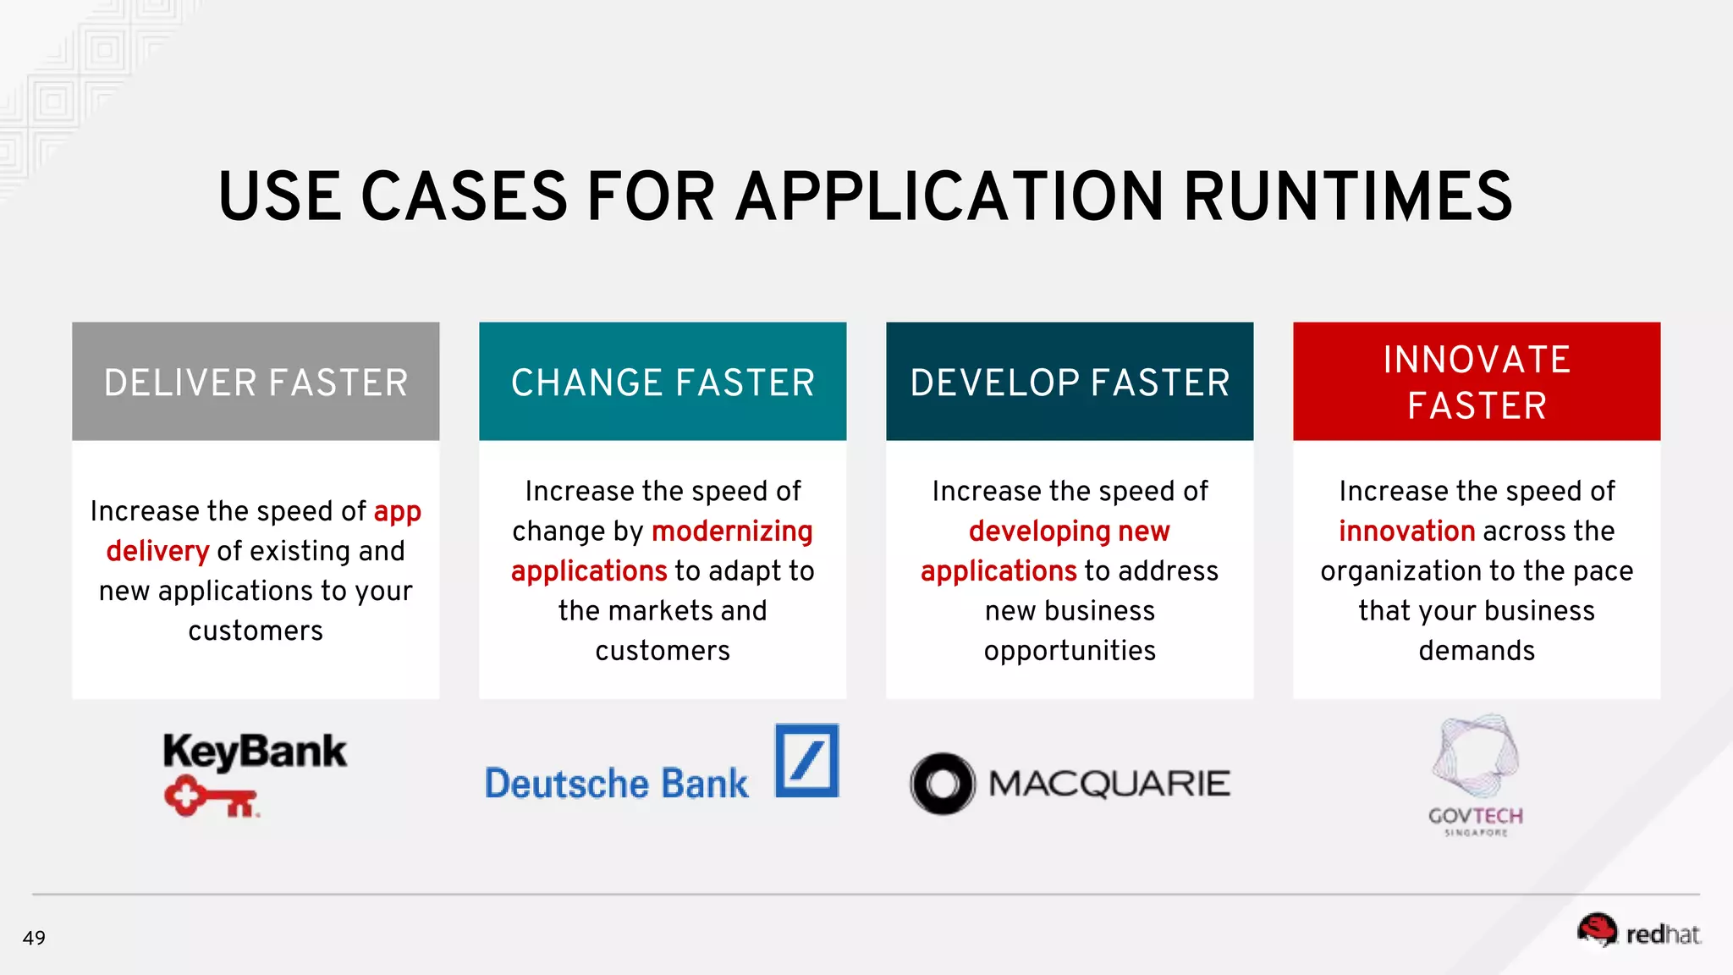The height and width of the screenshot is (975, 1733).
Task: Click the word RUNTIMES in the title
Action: (x=1347, y=197)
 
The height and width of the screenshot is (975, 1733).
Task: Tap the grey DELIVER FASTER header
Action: (x=256, y=383)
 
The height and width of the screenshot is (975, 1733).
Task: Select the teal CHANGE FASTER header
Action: (x=663, y=383)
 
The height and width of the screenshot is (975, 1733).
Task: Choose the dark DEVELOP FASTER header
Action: (x=1070, y=383)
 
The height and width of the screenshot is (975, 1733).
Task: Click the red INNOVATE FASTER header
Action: (x=1477, y=383)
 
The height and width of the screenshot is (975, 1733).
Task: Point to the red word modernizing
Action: (x=732, y=532)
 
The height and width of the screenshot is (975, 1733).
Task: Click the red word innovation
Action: (x=1406, y=532)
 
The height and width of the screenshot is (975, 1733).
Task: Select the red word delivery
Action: (x=157, y=552)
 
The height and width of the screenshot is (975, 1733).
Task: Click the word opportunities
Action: (x=1070, y=651)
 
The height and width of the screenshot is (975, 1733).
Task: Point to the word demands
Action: (x=1477, y=651)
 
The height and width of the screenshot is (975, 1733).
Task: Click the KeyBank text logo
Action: (x=255, y=752)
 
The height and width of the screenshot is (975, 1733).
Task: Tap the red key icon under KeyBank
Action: (x=211, y=798)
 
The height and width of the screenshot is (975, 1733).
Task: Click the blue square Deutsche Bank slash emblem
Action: (x=806, y=760)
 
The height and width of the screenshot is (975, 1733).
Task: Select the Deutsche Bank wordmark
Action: (x=616, y=784)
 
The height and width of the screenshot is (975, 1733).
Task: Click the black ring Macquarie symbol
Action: (x=943, y=784)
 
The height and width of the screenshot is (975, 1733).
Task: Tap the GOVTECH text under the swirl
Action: (x=1475, y=816)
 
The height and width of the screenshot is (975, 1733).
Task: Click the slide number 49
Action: (x=34, y=938)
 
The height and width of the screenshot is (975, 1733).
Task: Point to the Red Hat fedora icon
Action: (x=1597, y=930)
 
